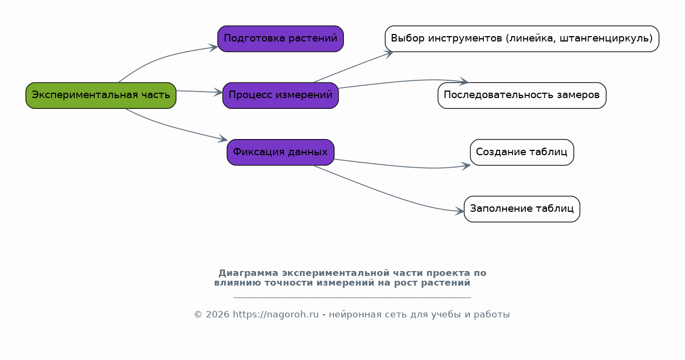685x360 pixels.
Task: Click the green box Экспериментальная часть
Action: pos(101,95)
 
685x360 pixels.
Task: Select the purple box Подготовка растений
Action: pos(280,39)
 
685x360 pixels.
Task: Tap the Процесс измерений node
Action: pos(280,95)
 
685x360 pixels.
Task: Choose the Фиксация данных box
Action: pos(280,153)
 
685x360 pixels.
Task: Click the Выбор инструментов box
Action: pos(522,39)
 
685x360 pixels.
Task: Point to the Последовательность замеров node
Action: pos(522,95)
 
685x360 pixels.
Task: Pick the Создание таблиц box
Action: pos(522,153)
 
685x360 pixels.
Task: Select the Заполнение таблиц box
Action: pos(522,209)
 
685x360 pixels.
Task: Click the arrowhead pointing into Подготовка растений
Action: pos(213,48)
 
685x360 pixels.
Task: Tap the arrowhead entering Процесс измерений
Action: pos(218,92)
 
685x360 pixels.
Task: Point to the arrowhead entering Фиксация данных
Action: pos(223,139)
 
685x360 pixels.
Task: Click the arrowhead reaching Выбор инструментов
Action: pos(389,54)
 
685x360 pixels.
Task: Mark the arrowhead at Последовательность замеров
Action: pos(464,81)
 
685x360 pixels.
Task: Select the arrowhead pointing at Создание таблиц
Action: pos(466,166)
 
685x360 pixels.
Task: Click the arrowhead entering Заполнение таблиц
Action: pos(460,211)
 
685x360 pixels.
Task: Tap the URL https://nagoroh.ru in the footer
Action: pos(276,314)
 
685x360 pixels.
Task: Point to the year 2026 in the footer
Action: pos(217,314)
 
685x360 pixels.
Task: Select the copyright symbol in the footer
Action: pos(198,314)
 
